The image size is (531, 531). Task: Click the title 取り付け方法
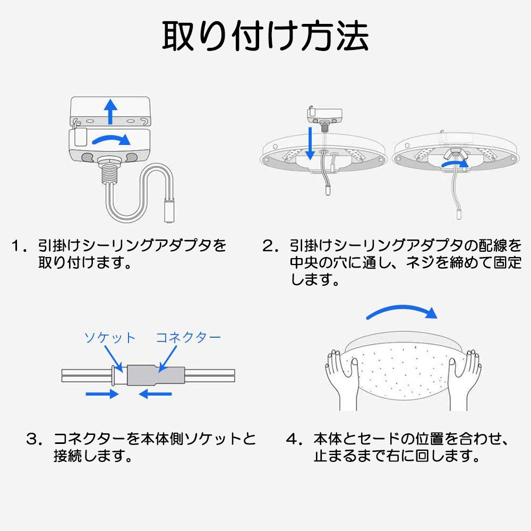click(x=265, y=36)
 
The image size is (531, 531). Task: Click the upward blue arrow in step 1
click(x=110, y=110)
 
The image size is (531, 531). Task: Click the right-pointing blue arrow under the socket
click(x=101, y=393)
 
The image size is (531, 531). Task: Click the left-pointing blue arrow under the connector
click(x=155, y=393)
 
